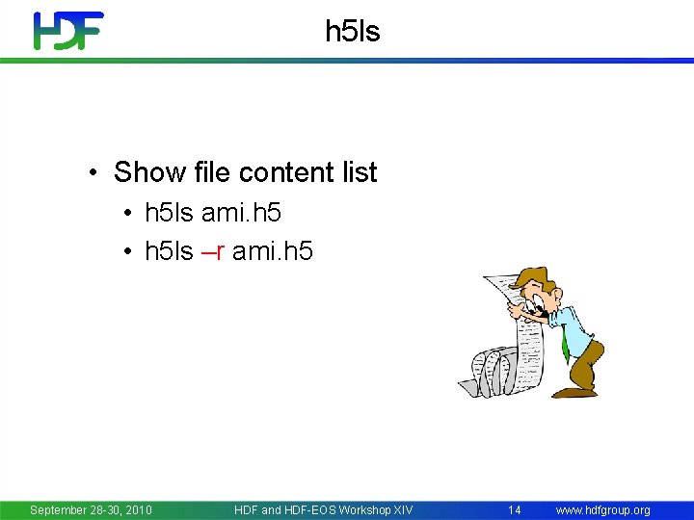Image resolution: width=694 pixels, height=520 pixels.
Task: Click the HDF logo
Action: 67,31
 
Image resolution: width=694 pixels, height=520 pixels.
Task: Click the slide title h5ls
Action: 353,32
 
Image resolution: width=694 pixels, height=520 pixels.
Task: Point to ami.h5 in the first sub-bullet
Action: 241,212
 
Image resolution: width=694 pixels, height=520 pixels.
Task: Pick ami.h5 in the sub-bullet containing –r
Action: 273,251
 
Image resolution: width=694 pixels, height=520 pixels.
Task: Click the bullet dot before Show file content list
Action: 93,173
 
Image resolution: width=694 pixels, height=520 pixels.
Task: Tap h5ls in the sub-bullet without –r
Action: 169,212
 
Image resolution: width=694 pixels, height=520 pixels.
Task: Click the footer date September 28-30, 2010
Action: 91,509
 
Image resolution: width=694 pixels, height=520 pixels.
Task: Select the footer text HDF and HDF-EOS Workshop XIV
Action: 323,509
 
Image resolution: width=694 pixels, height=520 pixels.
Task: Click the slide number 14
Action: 515,509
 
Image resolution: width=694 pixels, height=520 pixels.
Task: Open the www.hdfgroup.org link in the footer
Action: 602,509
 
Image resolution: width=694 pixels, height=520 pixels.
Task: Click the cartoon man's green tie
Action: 564,342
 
